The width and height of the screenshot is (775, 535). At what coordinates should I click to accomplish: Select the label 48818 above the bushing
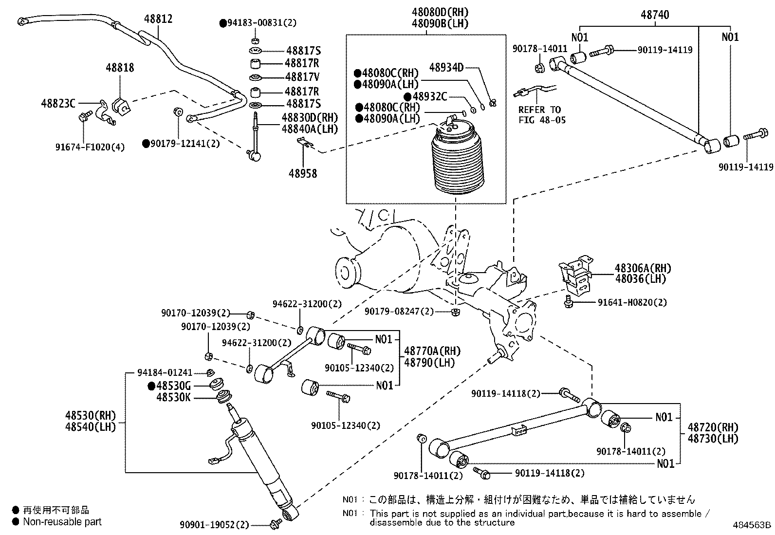click(x=120, y=67)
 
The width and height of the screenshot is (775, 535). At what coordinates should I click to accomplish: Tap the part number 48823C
click(x=58, y=103)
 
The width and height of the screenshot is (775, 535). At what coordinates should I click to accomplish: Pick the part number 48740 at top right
click(x=655, y=15)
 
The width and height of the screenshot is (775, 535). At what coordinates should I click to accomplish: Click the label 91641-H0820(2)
click(x=632, y=302)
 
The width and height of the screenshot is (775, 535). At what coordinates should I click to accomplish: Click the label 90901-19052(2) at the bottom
click(x=214, y=525)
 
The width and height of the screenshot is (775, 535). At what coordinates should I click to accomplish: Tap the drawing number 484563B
click(x=753, y=525)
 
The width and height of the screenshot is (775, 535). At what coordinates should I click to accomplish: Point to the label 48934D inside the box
click(x=446, y=67)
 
